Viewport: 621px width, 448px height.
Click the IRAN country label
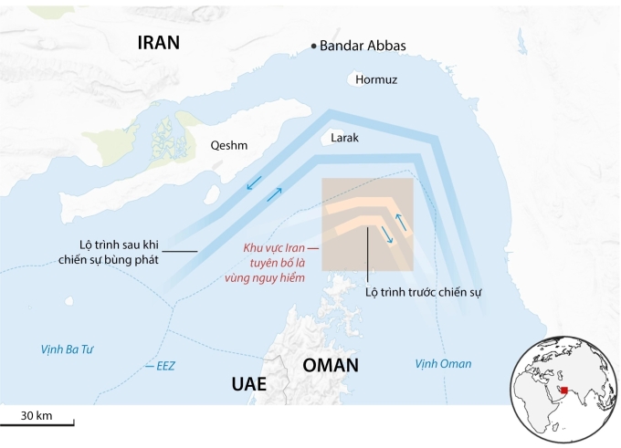(159, 42)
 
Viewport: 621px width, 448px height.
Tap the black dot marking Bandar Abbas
(315, 46)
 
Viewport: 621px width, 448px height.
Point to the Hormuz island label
(376, 79)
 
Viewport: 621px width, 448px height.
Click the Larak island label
(345, 138)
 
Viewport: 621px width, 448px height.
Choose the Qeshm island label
(228, 145)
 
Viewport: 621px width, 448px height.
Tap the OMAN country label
(331, 365)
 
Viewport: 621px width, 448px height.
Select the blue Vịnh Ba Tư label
(68, 349)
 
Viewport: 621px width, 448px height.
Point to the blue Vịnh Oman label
(443, 364)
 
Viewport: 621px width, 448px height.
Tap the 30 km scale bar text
(37, 416)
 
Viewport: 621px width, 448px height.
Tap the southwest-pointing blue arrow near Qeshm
(257, 182)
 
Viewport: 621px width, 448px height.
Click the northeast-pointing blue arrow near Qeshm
(274, 194)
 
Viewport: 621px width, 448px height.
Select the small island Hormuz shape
(363, 79)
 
